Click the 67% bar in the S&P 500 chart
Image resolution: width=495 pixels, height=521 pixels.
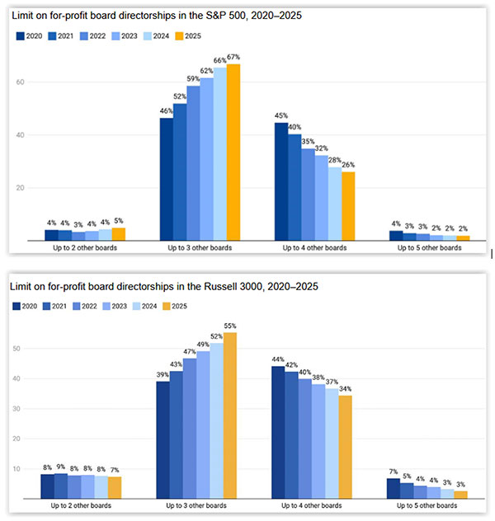pyautogui.click(x=233, y=152)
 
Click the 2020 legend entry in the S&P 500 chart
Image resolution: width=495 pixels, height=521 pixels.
pyautogui.click(x=31, y=35)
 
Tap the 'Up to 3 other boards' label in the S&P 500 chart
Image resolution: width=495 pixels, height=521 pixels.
pyautogui.click(x=200, y=246)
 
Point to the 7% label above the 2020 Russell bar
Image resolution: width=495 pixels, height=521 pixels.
pyautogui.click(x=393, y=471)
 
